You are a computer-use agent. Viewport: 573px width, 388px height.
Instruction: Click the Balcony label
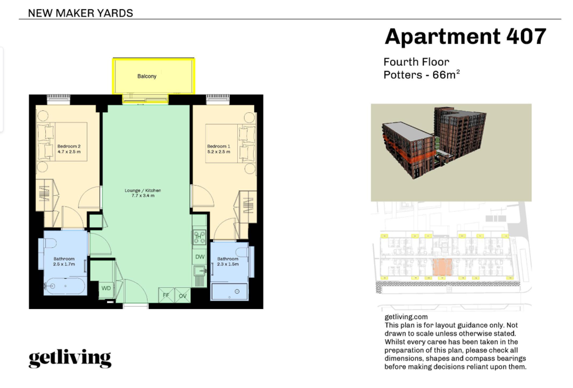tap(147, 76)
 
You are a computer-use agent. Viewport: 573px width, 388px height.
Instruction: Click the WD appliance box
tap(106, 288)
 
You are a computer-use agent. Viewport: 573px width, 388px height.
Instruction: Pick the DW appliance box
tap(199, 257)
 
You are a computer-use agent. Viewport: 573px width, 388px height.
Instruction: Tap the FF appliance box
tap(166, 295)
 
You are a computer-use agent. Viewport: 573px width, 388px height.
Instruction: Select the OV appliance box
tap(182, 295)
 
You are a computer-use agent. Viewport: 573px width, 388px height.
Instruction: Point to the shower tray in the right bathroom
tap(229, 291)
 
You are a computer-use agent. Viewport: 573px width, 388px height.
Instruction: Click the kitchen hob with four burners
tap(199, 237)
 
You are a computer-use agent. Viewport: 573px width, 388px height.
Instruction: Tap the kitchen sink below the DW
tap(199, 271)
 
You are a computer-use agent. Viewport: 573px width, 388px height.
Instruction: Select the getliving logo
tap(70, 358)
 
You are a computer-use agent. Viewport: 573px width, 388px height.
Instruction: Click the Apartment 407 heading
tap(465, 37)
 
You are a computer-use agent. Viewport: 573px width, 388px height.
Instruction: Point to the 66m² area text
tap(446, 74)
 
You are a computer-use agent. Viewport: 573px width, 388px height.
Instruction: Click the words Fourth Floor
tap(416, 62)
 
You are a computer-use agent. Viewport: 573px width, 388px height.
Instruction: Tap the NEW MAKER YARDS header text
tap(80, 13)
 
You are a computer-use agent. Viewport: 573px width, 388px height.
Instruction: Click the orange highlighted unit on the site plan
tap(442, 267)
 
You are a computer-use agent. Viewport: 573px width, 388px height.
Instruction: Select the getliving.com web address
tap(406, 317)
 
